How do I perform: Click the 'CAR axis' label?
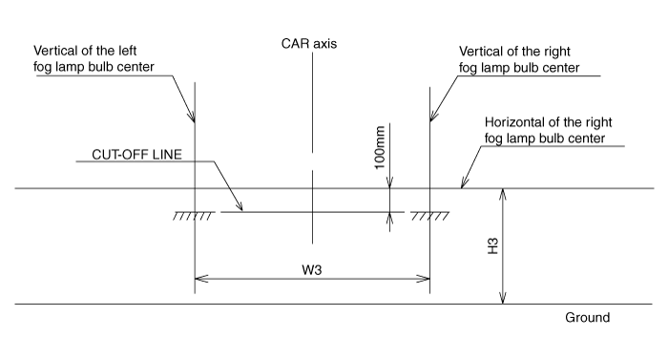(x=310, y=43)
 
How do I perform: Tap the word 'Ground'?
(x=587, y=317)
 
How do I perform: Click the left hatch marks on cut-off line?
(x=193, y=217)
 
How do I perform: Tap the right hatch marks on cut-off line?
(x=430, y=217)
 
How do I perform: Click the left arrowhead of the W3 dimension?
(x=199, y=280)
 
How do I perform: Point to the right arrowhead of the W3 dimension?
(x=424, y=280)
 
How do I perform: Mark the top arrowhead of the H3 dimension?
(x=502, y=194)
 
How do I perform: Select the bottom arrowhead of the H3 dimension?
(x=502, y=299)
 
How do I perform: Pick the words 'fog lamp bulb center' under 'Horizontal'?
(x=544, y=138)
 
